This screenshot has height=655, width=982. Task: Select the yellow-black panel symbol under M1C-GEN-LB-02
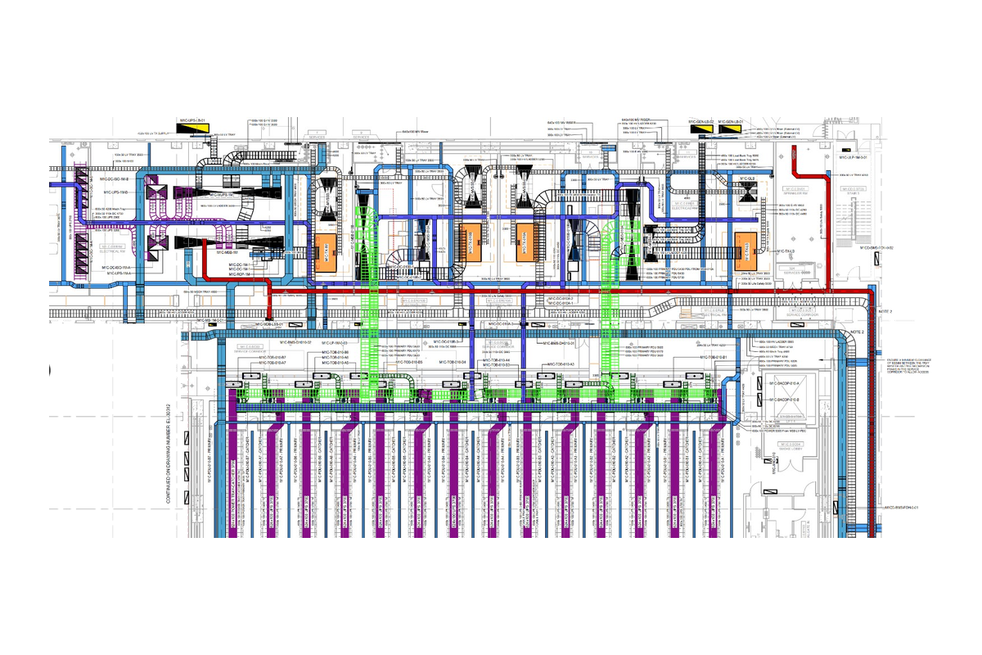tap(700, 128)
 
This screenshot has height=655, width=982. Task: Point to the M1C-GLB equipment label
tap(746, 177)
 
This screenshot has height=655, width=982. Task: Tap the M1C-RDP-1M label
tap(239, 275)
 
